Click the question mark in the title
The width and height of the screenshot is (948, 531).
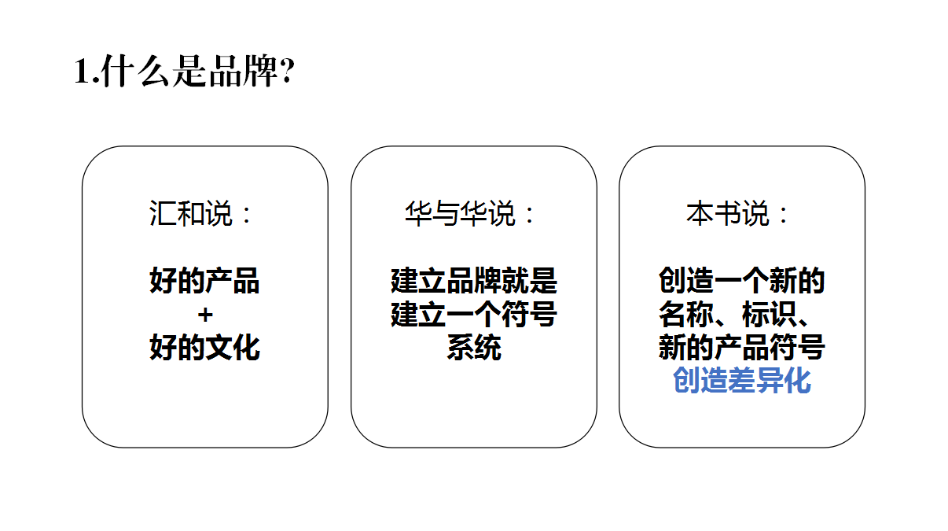click(287, 73)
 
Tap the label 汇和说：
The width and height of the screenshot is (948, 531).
click(202, 214)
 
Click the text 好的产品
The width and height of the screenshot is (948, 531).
click(204, 281)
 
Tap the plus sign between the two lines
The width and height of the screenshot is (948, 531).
click(205, 315)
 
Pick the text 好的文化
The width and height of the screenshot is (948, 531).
click(204, 348)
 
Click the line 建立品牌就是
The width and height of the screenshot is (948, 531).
click(474, 281)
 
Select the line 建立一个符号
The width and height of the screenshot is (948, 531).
click(474, 315)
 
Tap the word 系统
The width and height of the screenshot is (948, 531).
click(474, 348)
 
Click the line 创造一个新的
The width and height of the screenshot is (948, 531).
click(741, 281)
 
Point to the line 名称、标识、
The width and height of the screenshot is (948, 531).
click(741, 315)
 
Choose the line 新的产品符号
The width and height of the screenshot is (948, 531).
click(741, 348)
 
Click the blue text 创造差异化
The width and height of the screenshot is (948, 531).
click(742, 382)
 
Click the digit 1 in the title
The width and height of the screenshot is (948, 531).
click(82, 73)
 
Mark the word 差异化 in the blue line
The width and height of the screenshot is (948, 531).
click(770, 382)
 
